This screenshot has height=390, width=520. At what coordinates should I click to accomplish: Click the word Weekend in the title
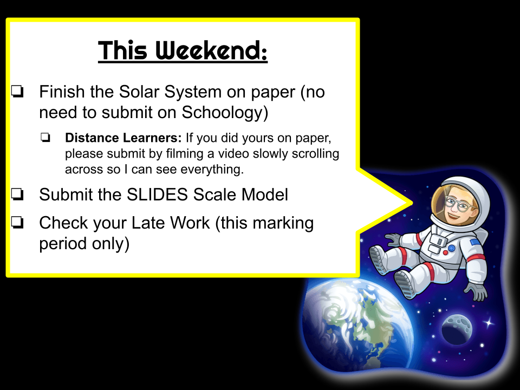click(211, 50)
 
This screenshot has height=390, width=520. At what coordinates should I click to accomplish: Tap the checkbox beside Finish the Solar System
click(17, 92)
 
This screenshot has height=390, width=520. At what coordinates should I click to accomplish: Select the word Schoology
click(224, 113)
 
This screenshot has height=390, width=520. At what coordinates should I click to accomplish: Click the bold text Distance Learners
click(123, 138)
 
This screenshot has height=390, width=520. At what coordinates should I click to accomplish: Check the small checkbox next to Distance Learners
click(45, 137)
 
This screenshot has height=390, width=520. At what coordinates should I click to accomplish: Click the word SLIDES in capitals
click(157, 194)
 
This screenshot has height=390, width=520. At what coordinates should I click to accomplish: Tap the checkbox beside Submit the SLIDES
click(17, 194)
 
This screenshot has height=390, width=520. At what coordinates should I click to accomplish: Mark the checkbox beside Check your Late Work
click(17, 222)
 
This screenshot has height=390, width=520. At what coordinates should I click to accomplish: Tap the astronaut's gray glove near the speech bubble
click(393, 239)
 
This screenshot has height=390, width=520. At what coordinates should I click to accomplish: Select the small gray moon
click(457, 330)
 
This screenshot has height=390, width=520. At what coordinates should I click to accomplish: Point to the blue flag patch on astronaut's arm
click(475, 243)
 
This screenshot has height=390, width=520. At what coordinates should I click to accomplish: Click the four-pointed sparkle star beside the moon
click(489, 322)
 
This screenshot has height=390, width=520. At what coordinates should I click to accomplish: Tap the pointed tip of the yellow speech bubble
click(412, 203)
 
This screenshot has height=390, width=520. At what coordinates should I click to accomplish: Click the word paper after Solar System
click(273, 92)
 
